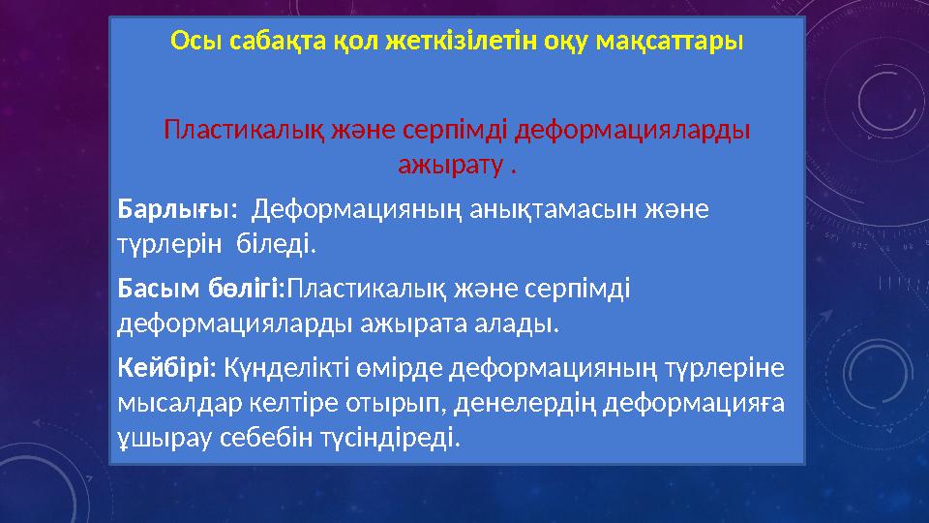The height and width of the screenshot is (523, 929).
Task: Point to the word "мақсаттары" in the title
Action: coord(678,43)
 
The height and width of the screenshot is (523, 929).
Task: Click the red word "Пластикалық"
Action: coord(231,129)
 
